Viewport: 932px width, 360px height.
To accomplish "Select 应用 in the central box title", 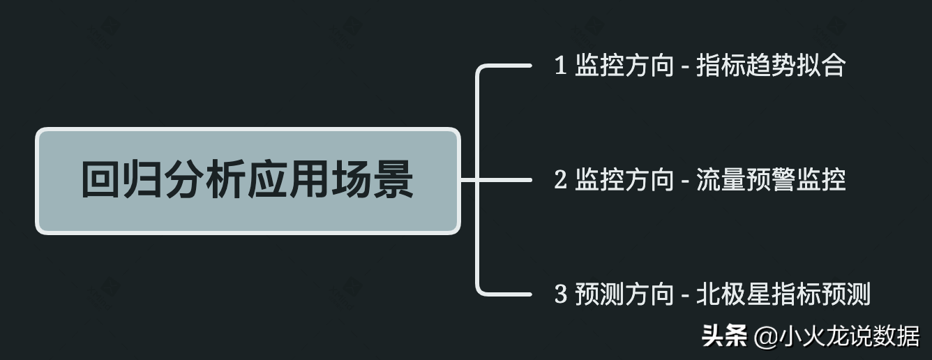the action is (x=289, y=181).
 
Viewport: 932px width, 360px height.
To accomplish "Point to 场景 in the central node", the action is (x=372, y=181).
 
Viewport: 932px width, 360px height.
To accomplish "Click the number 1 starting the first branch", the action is (x=560, y=66).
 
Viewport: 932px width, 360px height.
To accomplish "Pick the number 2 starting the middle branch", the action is (x=560, y=181).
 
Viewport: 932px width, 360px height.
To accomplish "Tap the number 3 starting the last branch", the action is (x=560, y=295).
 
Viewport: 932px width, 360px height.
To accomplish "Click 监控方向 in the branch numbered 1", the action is (x=624, y=66).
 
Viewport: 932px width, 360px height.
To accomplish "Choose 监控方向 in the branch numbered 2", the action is (x=624, y=181).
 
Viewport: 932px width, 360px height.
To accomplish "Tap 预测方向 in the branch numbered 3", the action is (x=624, y=295).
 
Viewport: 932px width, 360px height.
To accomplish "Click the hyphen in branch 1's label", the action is (x=686, y=68).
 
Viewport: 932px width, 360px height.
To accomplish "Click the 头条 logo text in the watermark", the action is (x=725, y=336).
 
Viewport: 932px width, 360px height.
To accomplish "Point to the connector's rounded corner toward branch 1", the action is (x=482, y=71).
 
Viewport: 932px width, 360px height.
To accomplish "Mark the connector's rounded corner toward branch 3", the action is (x=482, y=289).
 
